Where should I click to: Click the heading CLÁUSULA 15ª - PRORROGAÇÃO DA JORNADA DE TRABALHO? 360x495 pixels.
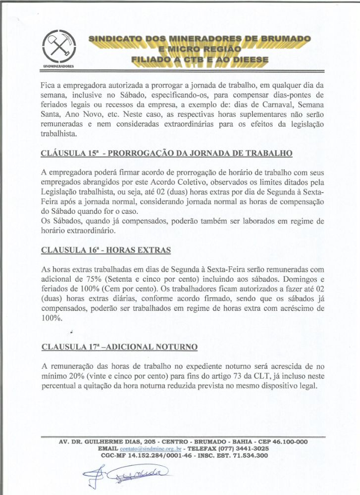[167, 153]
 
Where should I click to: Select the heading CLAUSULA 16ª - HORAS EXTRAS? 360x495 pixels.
[106, 250]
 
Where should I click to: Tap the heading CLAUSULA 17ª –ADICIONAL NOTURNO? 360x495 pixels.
[119, 346]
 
